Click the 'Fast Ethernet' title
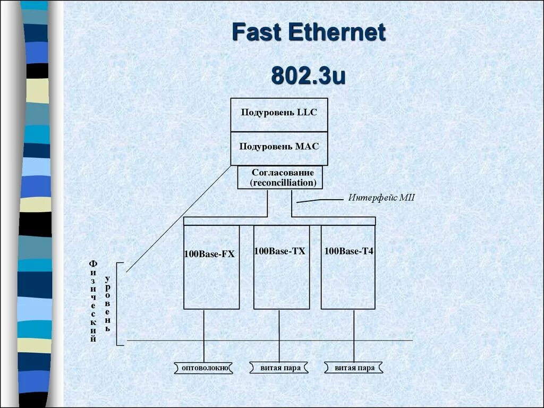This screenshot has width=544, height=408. coord(308,33)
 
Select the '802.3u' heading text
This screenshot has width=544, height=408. coord(308,75)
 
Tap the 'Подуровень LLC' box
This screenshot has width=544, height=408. coord(279,113)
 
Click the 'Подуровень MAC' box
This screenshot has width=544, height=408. coord(279,147)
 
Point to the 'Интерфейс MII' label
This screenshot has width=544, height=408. coord(381,198)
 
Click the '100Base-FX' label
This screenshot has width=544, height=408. coord(209,254)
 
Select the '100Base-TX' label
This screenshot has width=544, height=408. coord(280,251)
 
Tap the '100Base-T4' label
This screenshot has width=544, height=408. coord(349,251)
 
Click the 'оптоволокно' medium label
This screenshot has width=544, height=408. coord(205,368)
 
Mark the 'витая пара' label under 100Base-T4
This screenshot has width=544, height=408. coord(354,368)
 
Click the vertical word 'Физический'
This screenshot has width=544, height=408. coord(93,301)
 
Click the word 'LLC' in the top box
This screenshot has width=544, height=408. coord(307,113)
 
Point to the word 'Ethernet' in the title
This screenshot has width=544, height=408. coord(337,33)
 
